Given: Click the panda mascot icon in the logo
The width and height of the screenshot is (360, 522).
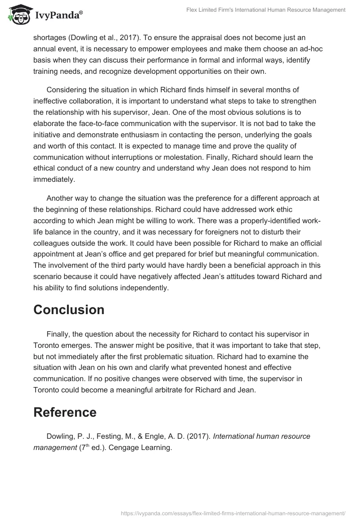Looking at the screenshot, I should tap(18, 15).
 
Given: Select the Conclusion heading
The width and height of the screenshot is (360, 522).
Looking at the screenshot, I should tap(69, 310).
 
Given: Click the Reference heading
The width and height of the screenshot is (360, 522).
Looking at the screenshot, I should tap(65, 412).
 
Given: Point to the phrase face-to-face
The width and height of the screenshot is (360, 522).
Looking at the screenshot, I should tap(115, 124).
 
